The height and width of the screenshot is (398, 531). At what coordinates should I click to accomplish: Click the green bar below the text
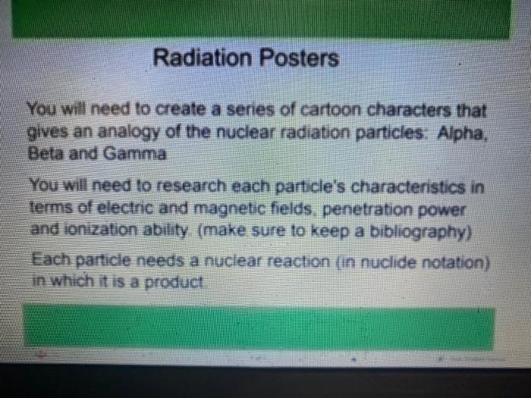(x=258, y=327)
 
